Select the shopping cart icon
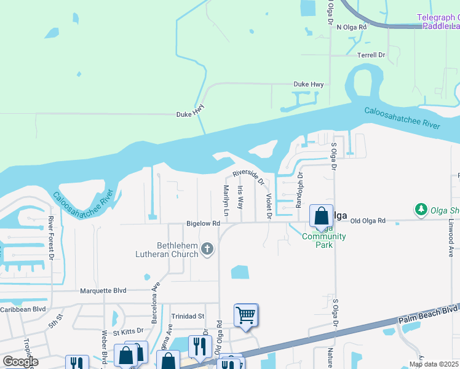[246, 315]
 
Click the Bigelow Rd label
[204, 224]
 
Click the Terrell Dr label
[371, 55]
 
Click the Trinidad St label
[188, 316]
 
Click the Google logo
[20, 361]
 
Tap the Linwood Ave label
[451, 228]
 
